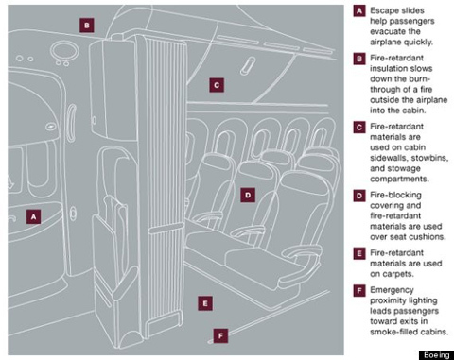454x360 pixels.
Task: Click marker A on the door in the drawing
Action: coord(33,216)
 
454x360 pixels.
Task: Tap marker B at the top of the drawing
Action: coord(87,26)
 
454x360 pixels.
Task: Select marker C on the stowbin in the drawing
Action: coord(217,85)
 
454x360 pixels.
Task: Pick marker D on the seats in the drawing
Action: coord(248,195)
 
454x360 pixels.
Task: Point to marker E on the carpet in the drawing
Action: coord(205,303)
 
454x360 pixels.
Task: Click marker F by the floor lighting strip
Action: coord(220,335)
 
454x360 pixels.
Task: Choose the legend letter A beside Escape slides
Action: coord(359,11)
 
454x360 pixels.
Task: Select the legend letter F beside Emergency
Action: coord(359,290)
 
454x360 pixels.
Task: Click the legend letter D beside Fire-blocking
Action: coord(359,196)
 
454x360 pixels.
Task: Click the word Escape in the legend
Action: coord(383,10)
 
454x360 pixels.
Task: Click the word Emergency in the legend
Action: coord(392,290)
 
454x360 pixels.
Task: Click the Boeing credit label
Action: coord(436,355)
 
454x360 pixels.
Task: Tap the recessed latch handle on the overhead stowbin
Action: coord(248,66)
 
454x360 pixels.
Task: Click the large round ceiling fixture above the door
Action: coord(64,50)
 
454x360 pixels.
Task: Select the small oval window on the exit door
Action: coord(51,127)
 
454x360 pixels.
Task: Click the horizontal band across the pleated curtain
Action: coord(166,230)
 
